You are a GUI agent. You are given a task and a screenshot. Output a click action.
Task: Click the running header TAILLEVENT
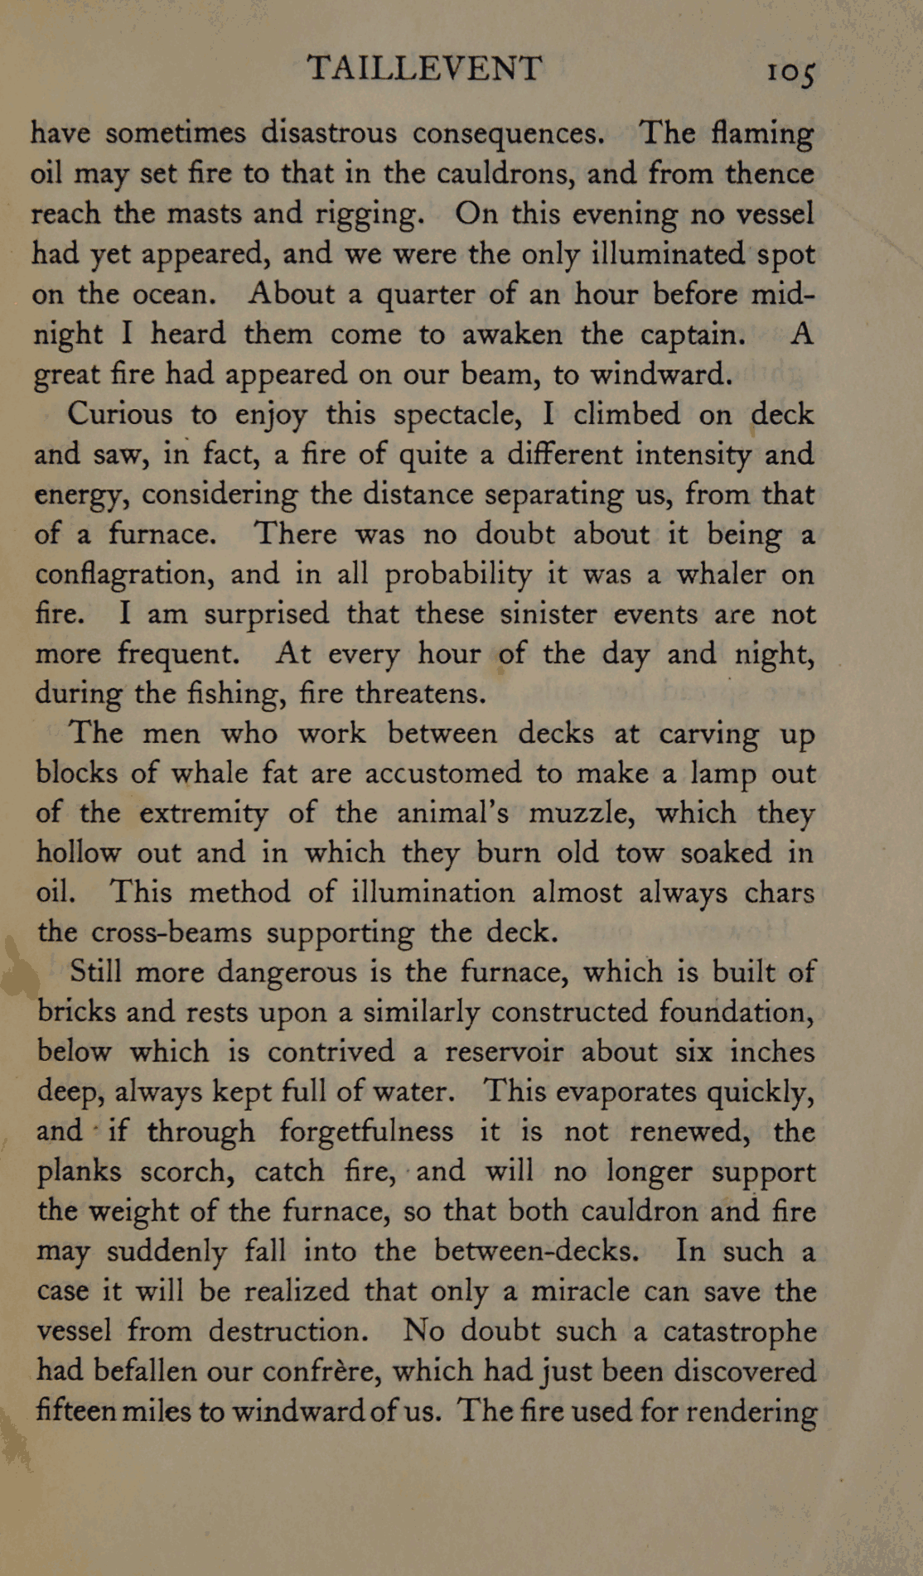(424, 68)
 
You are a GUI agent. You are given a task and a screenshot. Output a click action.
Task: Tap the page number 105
(791, 72)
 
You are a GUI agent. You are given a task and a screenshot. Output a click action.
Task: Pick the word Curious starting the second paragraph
(120, 413)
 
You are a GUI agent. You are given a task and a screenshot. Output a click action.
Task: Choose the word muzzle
(581, 813)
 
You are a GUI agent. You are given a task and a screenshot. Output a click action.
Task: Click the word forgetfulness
(366, 1131)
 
